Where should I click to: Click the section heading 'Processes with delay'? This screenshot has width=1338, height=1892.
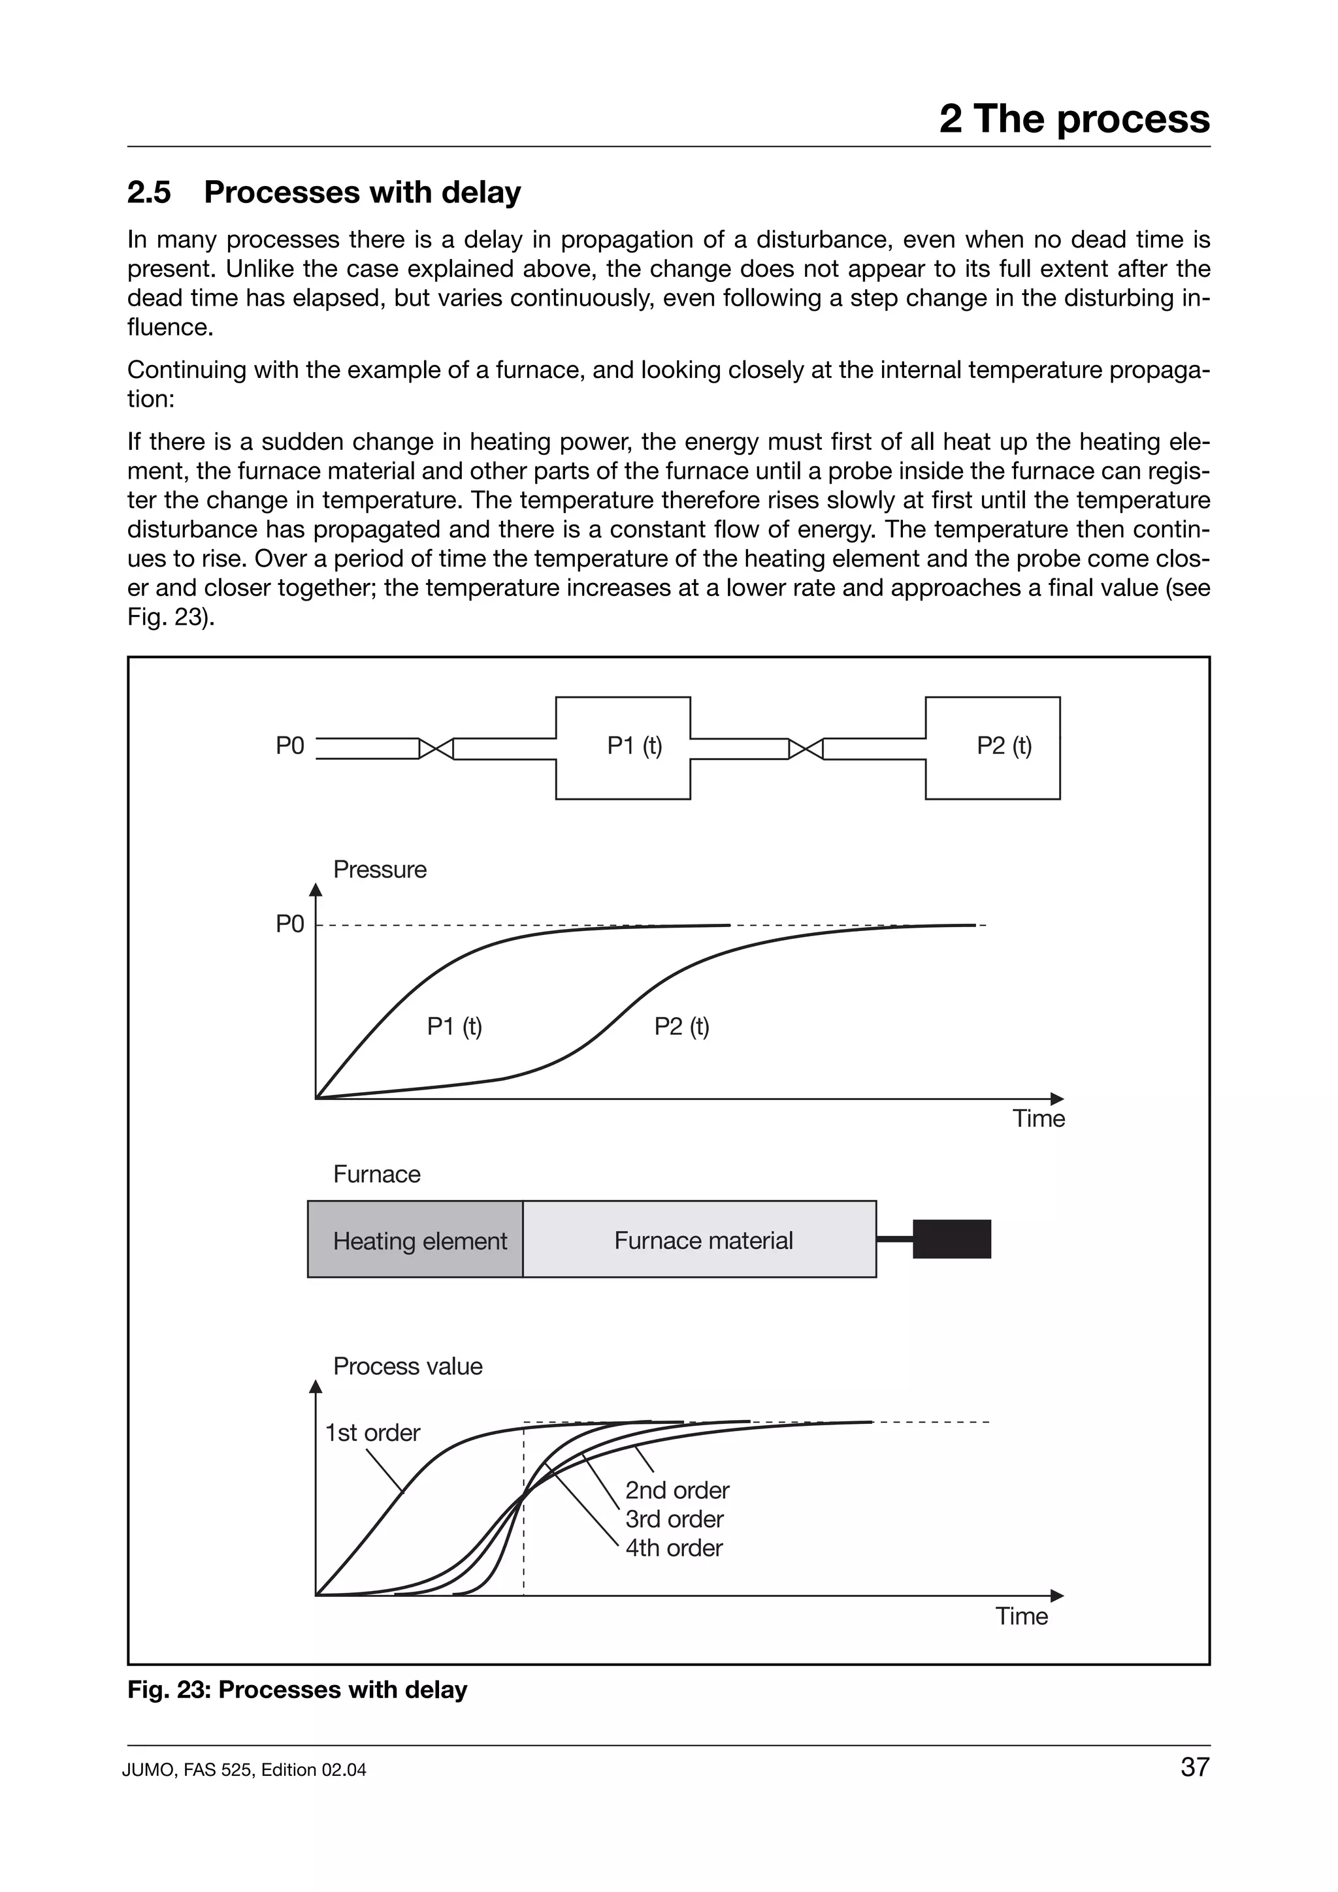click(x=362, y=192)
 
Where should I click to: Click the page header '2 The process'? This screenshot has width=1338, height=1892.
click(x=1073, y=119)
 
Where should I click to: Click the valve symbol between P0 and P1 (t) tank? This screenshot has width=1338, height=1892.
click(x=436, y=748)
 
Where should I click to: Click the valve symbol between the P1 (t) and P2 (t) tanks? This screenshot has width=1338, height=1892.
click(x=806, y=748)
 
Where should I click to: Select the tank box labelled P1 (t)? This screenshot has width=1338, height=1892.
click(x=623, y=748)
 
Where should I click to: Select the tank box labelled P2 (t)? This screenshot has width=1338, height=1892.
click(x=992, y=748)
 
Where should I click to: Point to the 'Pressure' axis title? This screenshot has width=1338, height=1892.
click(x=379, y=870)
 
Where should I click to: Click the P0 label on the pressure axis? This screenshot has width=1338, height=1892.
click(x=289, y=924)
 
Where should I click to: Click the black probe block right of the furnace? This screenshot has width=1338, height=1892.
click(x=951, y=1239)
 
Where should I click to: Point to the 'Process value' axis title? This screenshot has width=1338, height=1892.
click(x=407, y=1366)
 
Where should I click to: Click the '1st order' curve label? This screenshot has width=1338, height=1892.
click(x=372, y=1432)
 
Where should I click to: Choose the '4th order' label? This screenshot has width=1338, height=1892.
click(x=674, y=1547)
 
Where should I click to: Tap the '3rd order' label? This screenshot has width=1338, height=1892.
click(x=674, y=1519)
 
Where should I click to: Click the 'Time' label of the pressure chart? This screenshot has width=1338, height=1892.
click(x=1038, y=1118)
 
